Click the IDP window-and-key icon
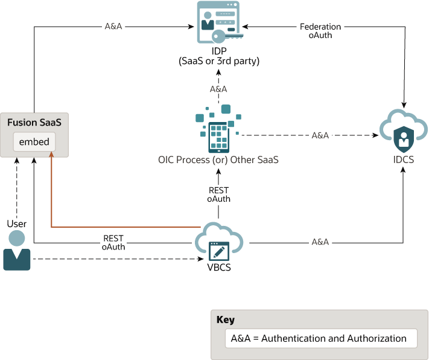tap(218, 22)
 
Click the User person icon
tap(17, 250)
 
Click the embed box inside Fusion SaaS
tap(34, 143)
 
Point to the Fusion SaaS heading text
tap(34, 123)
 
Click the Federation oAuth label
tap(320, 31)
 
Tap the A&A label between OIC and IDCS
tap(320, 135)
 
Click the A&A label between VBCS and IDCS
tap(320, 242)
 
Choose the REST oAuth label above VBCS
tap(218, 194)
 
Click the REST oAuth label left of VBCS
tap(113, 242)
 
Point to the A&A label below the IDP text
tap(218, 89)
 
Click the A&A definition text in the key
tap(319, 338)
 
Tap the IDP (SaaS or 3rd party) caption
tap(218, 56)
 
